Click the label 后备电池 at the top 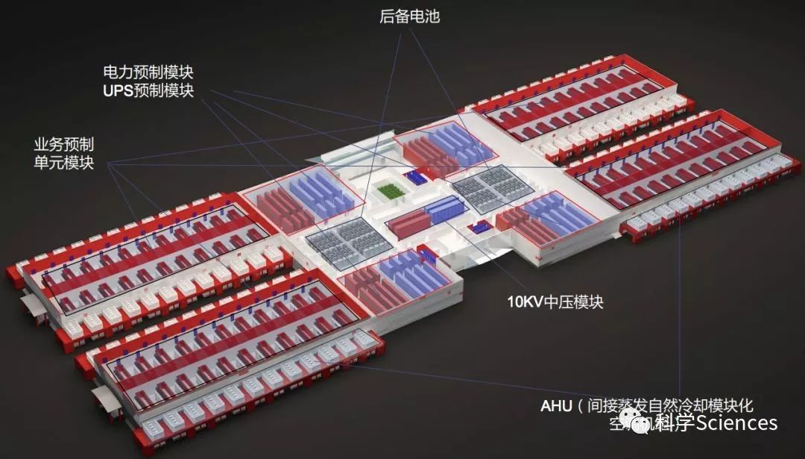[409, 16]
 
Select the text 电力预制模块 [153, 72]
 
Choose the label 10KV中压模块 [555, 302]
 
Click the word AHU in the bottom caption [556, 407]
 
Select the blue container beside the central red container [444, 210]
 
